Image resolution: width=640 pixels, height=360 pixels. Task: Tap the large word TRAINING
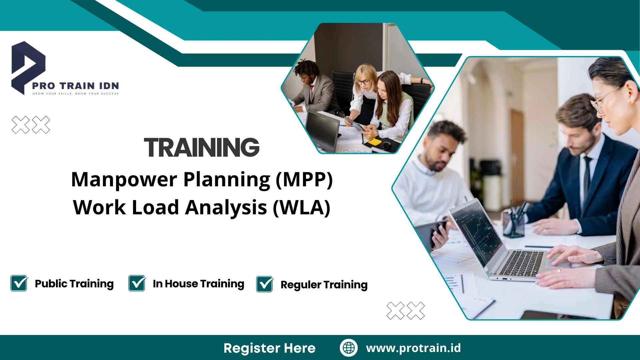202,147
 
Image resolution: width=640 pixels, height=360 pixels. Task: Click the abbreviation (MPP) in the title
304,180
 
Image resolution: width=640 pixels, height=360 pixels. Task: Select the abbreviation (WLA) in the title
302,208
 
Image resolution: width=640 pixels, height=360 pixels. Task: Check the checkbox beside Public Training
19,283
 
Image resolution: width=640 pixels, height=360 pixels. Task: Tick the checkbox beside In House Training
137,283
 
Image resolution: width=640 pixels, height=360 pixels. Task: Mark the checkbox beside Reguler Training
265,284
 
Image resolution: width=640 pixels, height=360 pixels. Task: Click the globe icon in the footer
349,348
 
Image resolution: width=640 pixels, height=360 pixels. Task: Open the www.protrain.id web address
413,348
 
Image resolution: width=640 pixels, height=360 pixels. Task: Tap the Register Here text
269,348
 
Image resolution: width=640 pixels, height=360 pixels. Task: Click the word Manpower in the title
124,180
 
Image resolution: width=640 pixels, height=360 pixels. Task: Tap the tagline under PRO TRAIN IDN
75,94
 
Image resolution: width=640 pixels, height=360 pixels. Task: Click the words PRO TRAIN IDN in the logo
75,86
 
